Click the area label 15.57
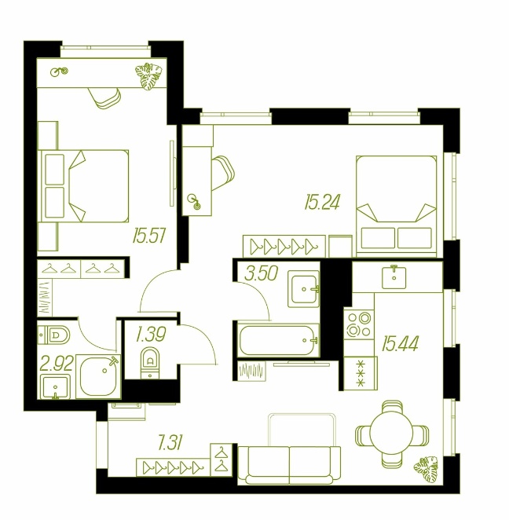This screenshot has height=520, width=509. [148, 236]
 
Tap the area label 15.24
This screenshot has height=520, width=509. [322, 203]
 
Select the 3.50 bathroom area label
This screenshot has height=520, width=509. [261, 273]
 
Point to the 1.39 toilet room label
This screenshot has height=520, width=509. [151, 335]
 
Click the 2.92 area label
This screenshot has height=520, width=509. [57, 364]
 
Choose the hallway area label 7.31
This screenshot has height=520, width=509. [170, 443]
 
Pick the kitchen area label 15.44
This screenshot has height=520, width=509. [400, 343]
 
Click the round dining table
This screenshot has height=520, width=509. [391, 433]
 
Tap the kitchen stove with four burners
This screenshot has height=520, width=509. [359, 324]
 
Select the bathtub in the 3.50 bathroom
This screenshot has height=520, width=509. [279, 340]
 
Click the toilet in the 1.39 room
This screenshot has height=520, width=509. [150, 363]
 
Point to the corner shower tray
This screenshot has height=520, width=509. [98, 376]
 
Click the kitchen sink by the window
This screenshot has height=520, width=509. [394, 276]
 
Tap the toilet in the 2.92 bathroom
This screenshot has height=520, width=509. [53, 335]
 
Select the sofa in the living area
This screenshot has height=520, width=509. [289, 464]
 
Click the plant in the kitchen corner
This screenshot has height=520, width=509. [427, 468]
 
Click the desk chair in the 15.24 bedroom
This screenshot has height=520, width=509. [223, 173]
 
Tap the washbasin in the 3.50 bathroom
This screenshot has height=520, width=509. [303, 289]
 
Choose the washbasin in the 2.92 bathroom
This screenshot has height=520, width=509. [56, 386]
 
